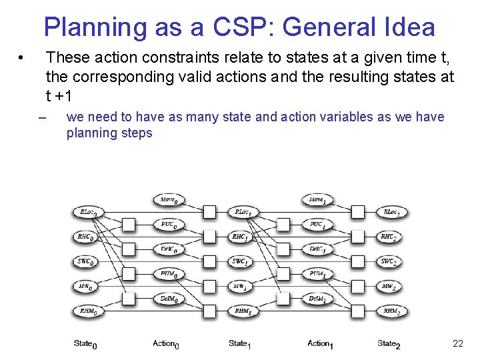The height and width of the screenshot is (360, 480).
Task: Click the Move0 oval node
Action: [169, 199]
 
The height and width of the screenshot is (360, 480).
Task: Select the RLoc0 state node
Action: [89, 213]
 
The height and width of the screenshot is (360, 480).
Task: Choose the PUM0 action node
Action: [169, 274]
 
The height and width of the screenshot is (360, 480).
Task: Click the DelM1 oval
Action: [317, 299]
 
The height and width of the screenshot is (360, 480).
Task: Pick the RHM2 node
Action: [391, 311]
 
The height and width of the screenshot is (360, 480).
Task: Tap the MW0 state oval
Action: [87, 286]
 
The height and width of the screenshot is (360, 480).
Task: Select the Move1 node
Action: [317, 199]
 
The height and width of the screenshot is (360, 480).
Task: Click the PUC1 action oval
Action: [317, 225]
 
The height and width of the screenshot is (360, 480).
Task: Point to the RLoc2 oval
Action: [391, 213]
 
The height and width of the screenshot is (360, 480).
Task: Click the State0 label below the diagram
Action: [85, 344]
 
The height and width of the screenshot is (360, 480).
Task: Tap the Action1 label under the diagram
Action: [321, 344]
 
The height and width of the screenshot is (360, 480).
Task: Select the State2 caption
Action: [389, 344]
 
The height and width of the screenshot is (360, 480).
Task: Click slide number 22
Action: [457, 344]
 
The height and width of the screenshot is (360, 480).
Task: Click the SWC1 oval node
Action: [240, 261]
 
